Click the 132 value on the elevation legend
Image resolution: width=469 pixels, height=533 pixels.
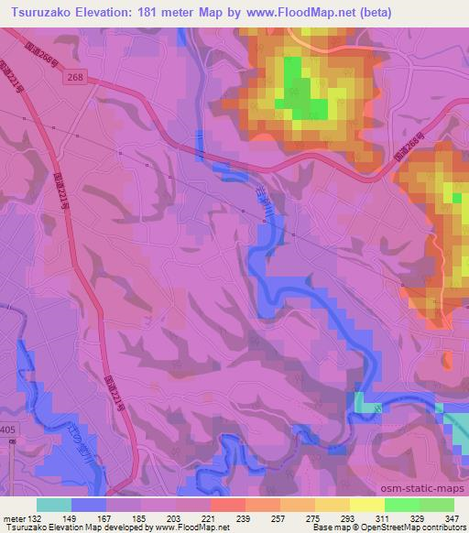[35, 518]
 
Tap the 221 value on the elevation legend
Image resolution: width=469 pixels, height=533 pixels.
[209, 518]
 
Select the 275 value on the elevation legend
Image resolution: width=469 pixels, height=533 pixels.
[313, 518]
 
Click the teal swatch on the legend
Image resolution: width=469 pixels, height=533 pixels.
[54, 505]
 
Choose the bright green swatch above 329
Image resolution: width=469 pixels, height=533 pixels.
[400, 505]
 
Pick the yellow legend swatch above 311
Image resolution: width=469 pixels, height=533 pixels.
[365, 505]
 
